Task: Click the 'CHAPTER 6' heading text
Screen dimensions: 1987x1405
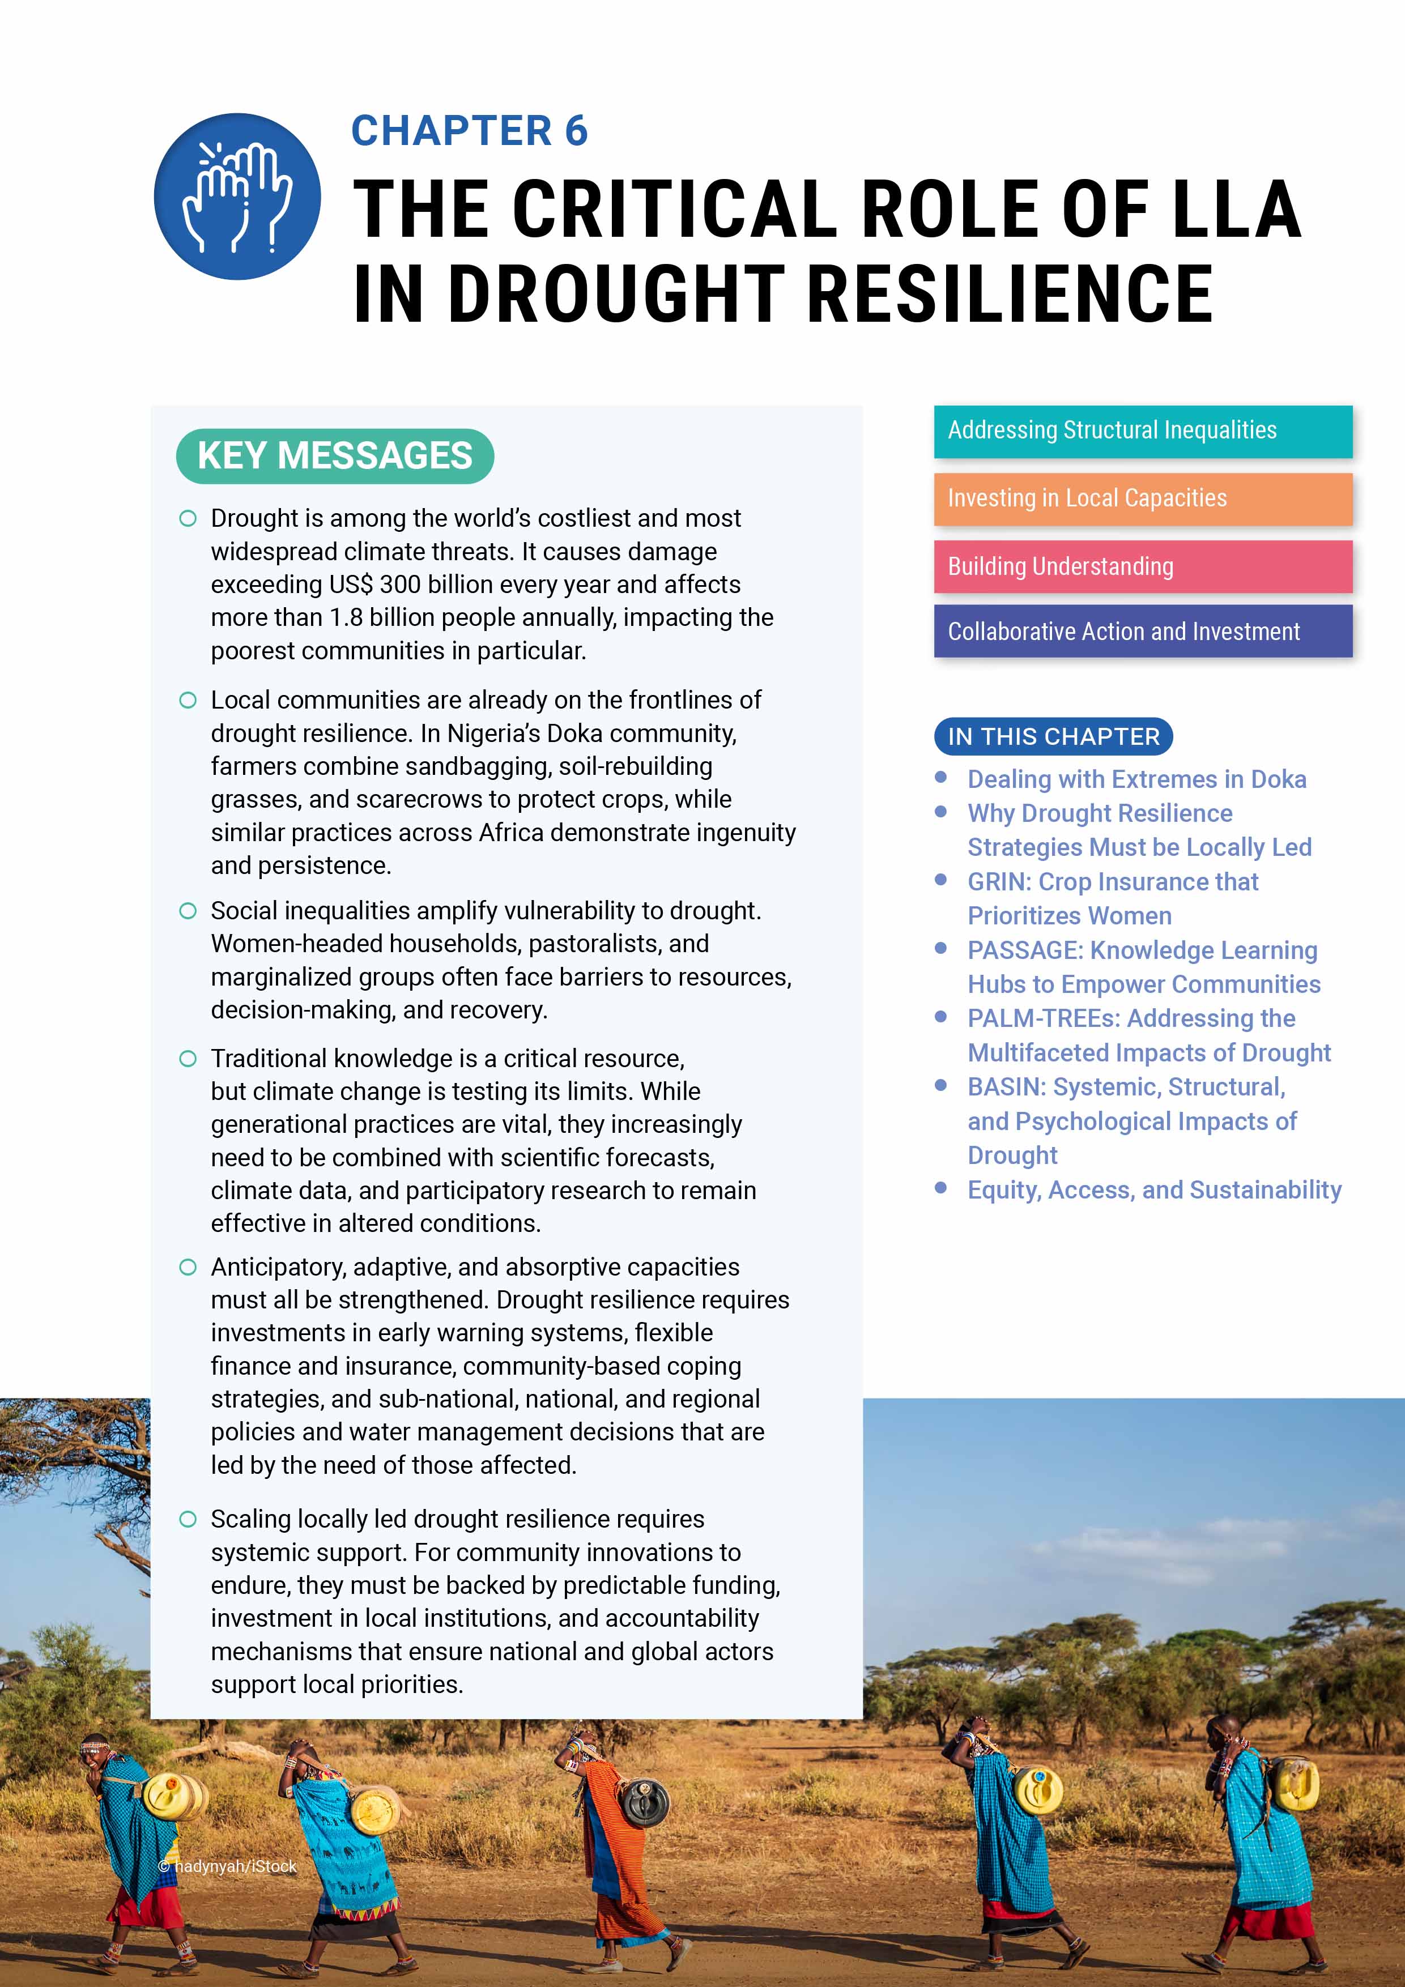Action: coord(469,131)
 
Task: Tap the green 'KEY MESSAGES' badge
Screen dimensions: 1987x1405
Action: coord(334,456)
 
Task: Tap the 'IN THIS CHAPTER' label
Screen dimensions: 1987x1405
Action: coord(1053,736)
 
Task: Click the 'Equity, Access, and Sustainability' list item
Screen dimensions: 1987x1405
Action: coord(1154,1190)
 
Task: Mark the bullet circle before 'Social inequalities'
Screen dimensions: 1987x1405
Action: coord(188,910)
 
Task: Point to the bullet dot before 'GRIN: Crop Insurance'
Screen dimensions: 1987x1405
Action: coord(941,880)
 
